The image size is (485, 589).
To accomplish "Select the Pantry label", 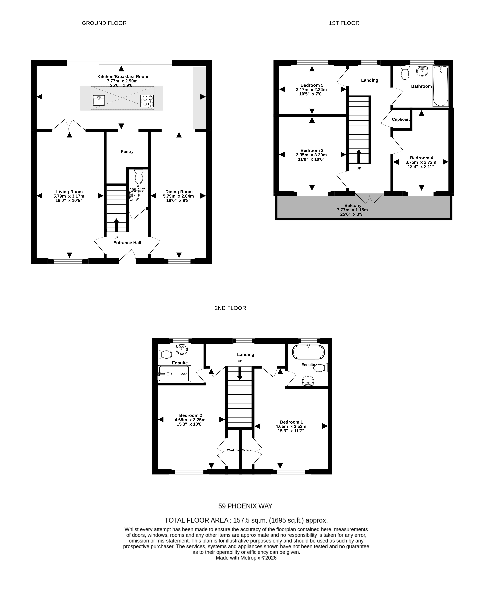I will point(127,152).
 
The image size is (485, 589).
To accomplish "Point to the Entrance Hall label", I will point(127,243).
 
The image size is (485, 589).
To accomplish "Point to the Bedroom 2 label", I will point(190,415).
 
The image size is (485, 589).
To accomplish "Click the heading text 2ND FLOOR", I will point(230,308).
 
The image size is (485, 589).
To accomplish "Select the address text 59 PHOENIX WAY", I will point(245,506).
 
